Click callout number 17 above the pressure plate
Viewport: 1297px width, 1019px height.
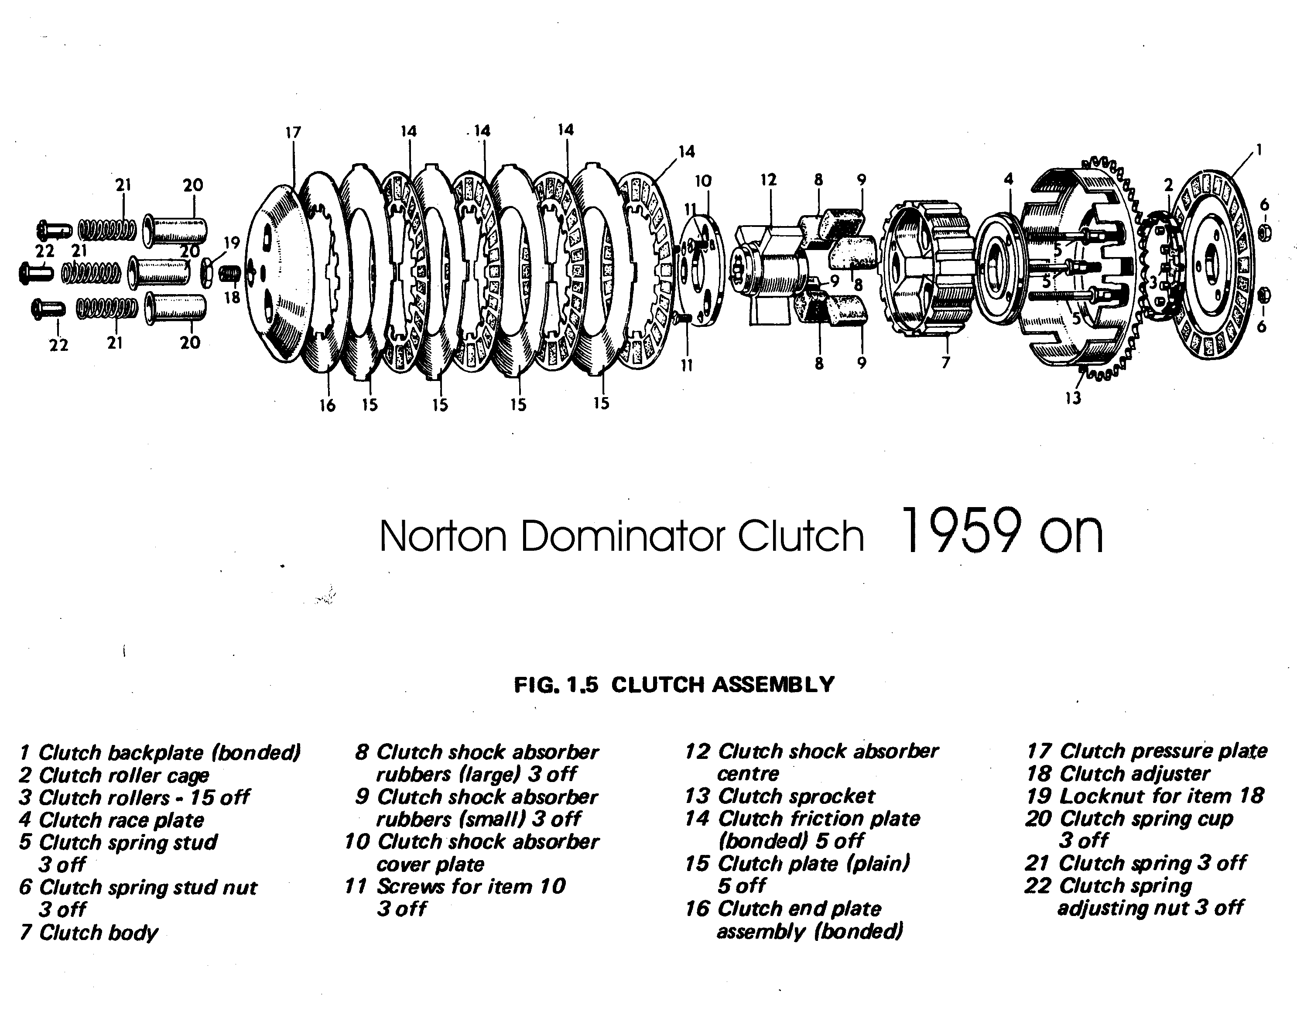click(293, 132)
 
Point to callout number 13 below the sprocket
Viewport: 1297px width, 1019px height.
click(1073, 398)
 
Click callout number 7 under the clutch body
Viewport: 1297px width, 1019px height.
click(945, 362)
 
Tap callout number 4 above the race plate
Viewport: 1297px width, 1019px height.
click(1008, 179)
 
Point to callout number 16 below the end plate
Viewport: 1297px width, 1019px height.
click(327, 406)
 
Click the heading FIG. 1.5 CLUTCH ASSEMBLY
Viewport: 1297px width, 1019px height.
click(674, 684)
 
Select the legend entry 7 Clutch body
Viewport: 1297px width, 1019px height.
click(89, 932)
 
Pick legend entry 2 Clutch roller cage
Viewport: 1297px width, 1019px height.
click(114, 775)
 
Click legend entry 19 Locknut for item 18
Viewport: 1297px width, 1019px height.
click(1144, 796)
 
